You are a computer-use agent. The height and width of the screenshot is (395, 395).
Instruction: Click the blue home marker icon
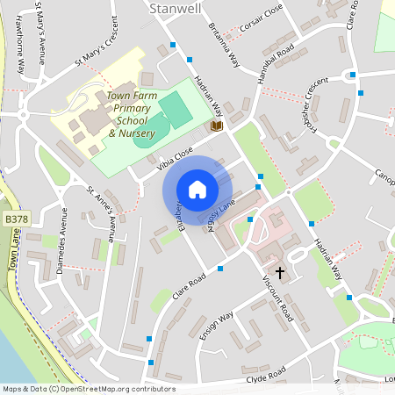197,190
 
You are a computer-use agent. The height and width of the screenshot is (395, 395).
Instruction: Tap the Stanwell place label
176,8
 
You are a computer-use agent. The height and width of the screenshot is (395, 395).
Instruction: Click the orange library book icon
217,126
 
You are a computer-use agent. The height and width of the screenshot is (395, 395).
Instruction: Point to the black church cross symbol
280,272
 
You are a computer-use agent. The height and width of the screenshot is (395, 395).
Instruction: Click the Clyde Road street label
266,378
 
